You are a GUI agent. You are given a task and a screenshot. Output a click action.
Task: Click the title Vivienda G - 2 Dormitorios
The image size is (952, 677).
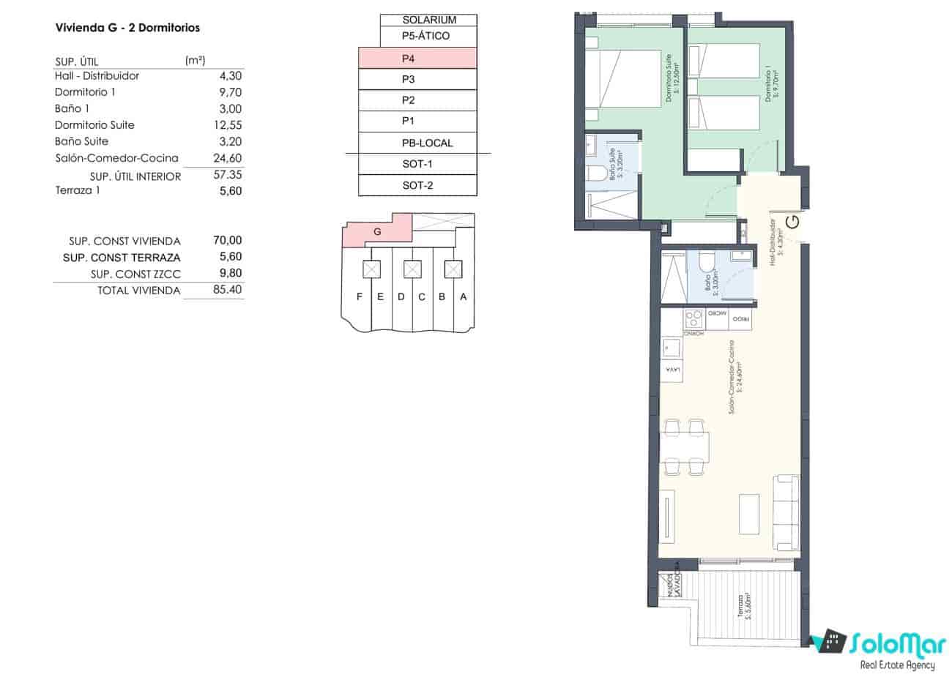pos(127,28)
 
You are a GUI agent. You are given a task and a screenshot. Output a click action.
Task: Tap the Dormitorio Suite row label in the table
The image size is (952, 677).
pos(94,125)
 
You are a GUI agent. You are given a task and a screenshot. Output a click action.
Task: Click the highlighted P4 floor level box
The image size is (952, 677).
pos(417,59)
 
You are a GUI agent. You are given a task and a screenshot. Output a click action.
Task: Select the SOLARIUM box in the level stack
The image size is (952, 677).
pos(428,20)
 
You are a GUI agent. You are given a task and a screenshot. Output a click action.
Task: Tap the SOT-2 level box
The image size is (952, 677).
pos(417,185)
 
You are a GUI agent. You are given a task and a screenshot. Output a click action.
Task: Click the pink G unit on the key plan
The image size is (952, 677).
pos(377,231)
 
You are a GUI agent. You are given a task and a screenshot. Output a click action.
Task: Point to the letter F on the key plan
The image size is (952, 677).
pos(359,296)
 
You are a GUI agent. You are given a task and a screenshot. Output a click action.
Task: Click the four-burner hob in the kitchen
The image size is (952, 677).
pos(693,319)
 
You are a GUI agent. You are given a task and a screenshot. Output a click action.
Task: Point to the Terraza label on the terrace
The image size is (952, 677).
pos(742,605)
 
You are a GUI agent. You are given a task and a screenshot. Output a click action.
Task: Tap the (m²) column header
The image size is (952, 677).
pos(195,61)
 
